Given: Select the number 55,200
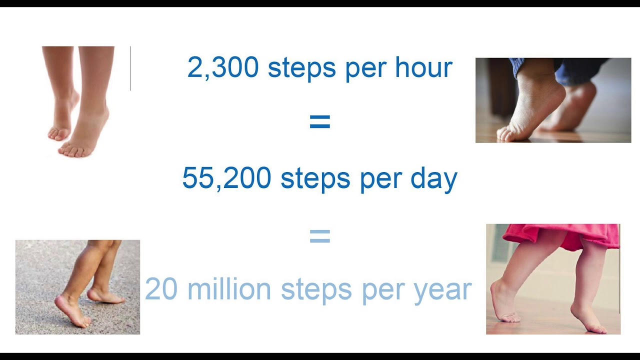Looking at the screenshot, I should pos(226,178).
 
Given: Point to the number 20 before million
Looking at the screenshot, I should pos(159,289).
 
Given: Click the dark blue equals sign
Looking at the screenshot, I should pos(320,121).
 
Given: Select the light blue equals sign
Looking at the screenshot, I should pos(320,236).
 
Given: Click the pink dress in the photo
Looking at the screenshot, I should pos(565,235).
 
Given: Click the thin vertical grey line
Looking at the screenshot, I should pos(130,68).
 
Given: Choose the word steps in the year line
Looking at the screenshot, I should pos(316,289).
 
